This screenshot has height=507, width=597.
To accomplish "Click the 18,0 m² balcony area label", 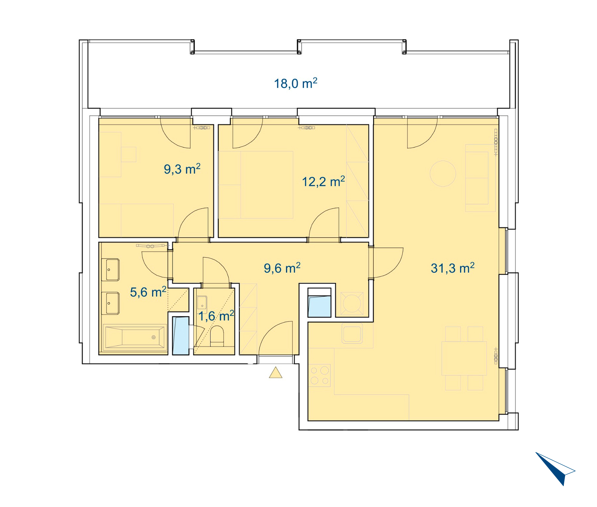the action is tap(296, 83).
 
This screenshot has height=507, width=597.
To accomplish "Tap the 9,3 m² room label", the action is tap(182, 169).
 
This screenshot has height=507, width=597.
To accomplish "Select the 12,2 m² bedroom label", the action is tap(323, 181).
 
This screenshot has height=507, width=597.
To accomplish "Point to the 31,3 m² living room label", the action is tap(453, 268).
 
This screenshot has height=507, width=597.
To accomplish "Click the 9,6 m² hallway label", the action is tap(282, 268).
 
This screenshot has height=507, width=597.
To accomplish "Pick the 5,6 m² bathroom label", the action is tap(148, 292).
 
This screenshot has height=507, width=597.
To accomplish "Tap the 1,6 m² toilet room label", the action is tap(216, 316).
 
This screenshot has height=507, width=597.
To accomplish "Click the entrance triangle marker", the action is tap(276, 372).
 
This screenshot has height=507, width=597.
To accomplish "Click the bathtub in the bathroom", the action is tap(135, 337).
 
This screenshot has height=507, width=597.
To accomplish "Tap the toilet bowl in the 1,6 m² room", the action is tap(217, 336).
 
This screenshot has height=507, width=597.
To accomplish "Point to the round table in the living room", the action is tap(443, 174).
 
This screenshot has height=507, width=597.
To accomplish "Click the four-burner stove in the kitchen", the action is tap(319, 375).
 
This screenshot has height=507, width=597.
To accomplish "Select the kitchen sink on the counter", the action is tap(352, 333).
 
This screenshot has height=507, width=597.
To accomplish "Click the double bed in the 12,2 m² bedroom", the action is tap(256, 185).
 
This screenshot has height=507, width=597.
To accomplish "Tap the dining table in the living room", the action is tap(464, 358).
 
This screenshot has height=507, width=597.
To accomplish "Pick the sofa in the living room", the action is tap(480, 178).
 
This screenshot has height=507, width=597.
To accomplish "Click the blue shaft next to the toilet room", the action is tap(181, 336).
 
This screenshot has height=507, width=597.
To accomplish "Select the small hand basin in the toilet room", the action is tap(202, 302).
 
